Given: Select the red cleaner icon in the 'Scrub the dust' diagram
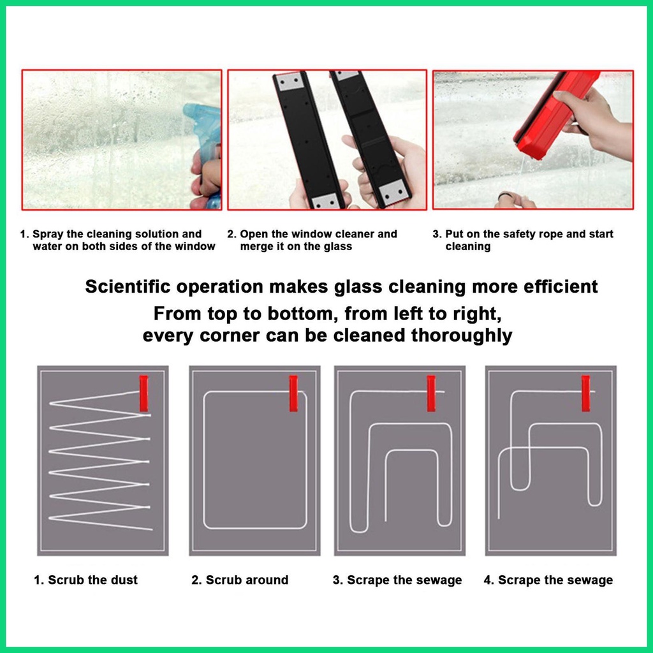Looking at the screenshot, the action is [143, 393].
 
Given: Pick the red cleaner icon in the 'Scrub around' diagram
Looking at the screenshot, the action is [293, 393].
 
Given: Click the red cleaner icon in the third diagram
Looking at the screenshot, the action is [431, 393].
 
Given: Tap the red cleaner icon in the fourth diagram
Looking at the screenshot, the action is [585, 393].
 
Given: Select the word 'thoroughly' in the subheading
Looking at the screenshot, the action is [462, 335].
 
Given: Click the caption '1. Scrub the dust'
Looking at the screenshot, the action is [86, 580].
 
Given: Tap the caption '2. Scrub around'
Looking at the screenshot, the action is [240, 580].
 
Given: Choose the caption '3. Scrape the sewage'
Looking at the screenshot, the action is [397, 580].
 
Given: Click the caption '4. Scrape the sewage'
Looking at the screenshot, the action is [548, 580].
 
